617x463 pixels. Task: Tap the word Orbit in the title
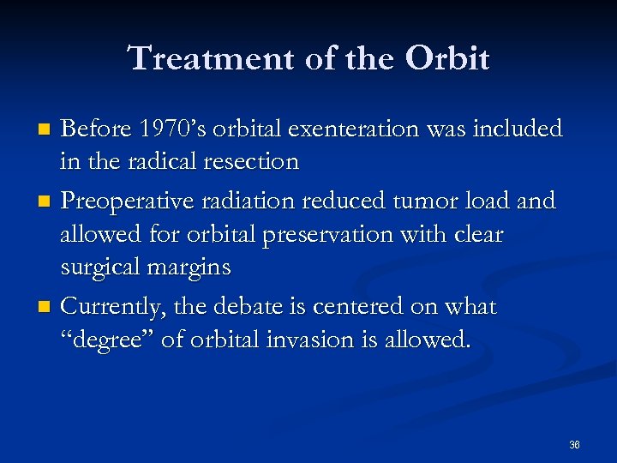[447, 59]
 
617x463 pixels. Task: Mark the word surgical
[102, 268]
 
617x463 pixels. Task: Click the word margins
[189, 268]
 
